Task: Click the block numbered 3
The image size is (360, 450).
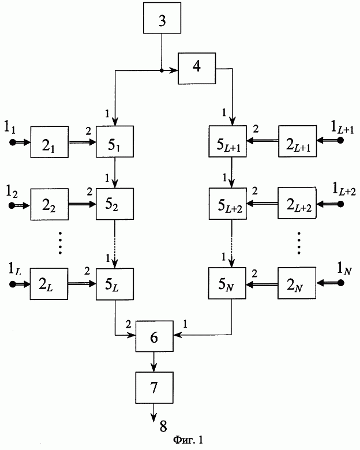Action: (x=162, y=18)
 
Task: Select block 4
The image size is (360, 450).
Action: (x=197, y=68)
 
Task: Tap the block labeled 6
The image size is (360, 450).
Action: (x=154, y=336)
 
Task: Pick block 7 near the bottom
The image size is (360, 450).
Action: (x=154, y=388)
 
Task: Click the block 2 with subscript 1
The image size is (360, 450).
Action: (x=50, y=142)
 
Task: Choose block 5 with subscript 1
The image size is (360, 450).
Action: (x=115, y=141)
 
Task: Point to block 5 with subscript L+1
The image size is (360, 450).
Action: (x=227, y=141)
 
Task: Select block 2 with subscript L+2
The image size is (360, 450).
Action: (x=297, y=203)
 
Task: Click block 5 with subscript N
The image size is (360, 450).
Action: (x=227, y=283)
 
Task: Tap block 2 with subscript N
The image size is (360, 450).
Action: (x=297, y=283)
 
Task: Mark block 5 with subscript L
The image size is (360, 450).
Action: (x=115, y=284)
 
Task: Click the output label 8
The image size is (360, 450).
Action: (x=163, y=426)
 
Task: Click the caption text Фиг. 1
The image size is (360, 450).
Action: (x=188, y=440)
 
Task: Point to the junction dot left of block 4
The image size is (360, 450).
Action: (x=162, y=70)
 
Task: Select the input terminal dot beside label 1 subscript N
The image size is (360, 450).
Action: (x=341, y=283)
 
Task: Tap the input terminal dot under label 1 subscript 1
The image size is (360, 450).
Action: (x=13, y=142)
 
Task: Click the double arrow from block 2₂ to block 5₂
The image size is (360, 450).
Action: (x=82, y=204)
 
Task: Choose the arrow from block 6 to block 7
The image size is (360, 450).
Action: (x=154, y=362)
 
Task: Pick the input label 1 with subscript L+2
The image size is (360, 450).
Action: (x=344, y=190)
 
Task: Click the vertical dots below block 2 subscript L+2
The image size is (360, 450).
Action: (x=299, y=243)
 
